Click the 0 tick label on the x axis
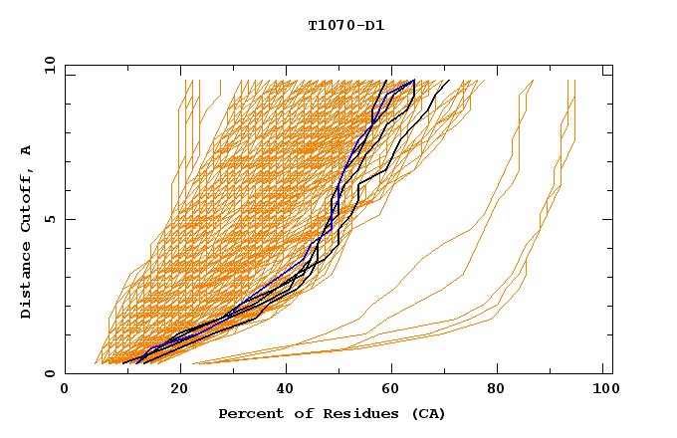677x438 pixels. pos(65,391)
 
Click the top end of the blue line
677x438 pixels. pos(413,81)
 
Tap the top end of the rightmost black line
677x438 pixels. pos(449,81)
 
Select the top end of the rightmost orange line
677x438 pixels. pos(575,81)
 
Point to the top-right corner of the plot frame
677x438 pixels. pos(612,65)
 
